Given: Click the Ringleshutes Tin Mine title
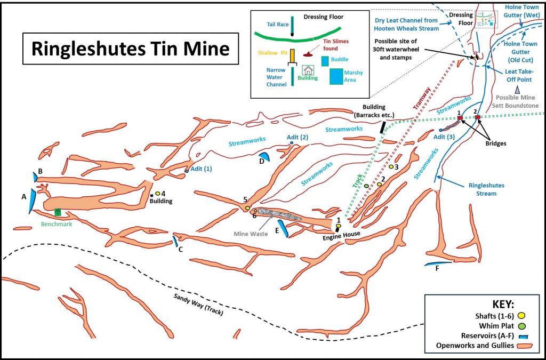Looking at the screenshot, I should (131, 49).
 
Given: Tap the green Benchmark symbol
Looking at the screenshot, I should (58, 212).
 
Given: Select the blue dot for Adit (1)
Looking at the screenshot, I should (187, 171).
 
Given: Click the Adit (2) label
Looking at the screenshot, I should (298, 137).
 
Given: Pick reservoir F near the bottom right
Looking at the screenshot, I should (437, 263).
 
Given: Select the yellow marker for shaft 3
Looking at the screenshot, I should (391, 167).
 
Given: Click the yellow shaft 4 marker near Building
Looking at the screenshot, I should (158, 194).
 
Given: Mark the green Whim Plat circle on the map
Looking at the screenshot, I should (366, 186).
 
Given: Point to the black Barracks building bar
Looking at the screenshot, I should (382, 127).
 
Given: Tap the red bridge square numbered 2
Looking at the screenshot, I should (478, 117).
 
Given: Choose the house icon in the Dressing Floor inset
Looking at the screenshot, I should (308, 70).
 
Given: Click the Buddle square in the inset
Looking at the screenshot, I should (325, 61).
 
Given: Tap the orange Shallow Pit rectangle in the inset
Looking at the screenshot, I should (293, 55).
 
